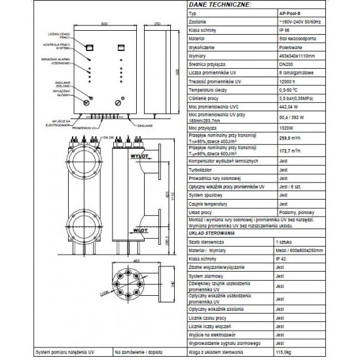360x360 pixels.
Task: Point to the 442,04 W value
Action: point(289,106)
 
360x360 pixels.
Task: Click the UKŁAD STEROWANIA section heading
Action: point(207,232)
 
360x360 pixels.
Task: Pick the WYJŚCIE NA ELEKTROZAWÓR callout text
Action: point(59,123)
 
